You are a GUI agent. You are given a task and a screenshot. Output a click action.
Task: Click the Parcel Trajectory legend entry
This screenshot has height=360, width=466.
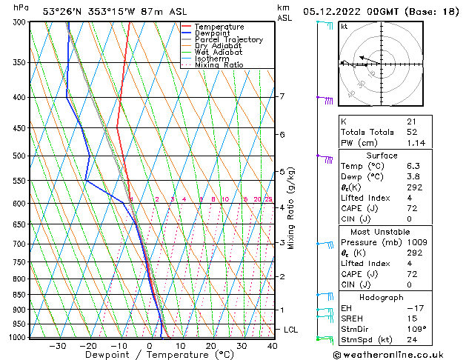[x=228, y=39]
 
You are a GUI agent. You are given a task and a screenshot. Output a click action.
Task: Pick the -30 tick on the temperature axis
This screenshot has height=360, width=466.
[x=57, y=346]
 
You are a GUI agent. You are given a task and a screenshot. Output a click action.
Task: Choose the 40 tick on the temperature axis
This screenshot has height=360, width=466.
[x=272, y=346]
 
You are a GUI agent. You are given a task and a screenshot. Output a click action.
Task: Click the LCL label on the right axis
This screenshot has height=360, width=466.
[x=291, y=330]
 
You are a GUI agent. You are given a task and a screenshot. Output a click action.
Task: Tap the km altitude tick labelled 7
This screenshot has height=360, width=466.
[x=282, y=96]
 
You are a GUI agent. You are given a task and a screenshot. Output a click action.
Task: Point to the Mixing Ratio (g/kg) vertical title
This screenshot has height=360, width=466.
[x=291, y=208]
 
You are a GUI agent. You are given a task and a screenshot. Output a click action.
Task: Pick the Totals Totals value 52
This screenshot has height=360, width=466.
[x=412, y=132]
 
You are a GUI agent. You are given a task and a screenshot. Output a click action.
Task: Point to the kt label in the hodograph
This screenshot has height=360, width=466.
[x=344, y=26]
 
